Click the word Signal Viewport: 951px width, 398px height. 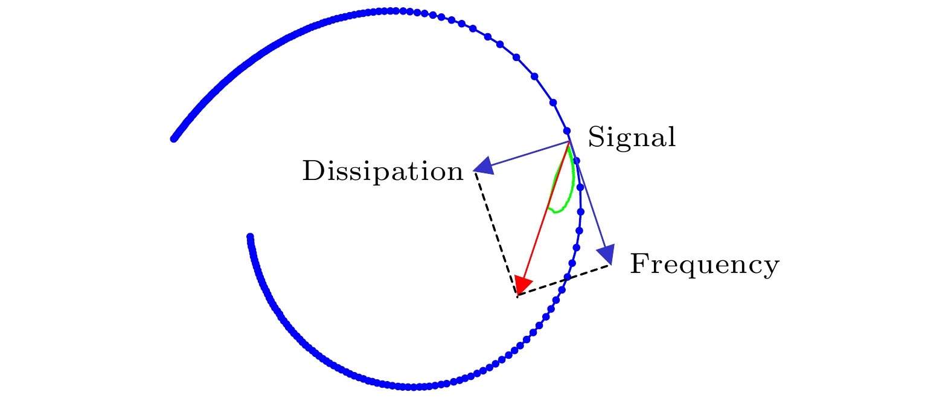pos(632,138)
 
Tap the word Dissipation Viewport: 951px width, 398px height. pos(382,172)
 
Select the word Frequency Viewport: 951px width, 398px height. pos(704,265)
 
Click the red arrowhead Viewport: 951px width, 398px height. pos(523,285)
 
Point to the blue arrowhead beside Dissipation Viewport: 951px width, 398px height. pos(484,167)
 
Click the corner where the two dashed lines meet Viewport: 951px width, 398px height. pos(517,296)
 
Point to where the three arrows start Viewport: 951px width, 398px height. pos(569,142)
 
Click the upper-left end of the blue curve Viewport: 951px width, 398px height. pos(174,139)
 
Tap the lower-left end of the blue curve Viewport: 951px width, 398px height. pos(250,237)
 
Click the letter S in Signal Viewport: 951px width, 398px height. pos(595,137)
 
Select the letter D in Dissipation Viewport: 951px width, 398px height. pos(312,172)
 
